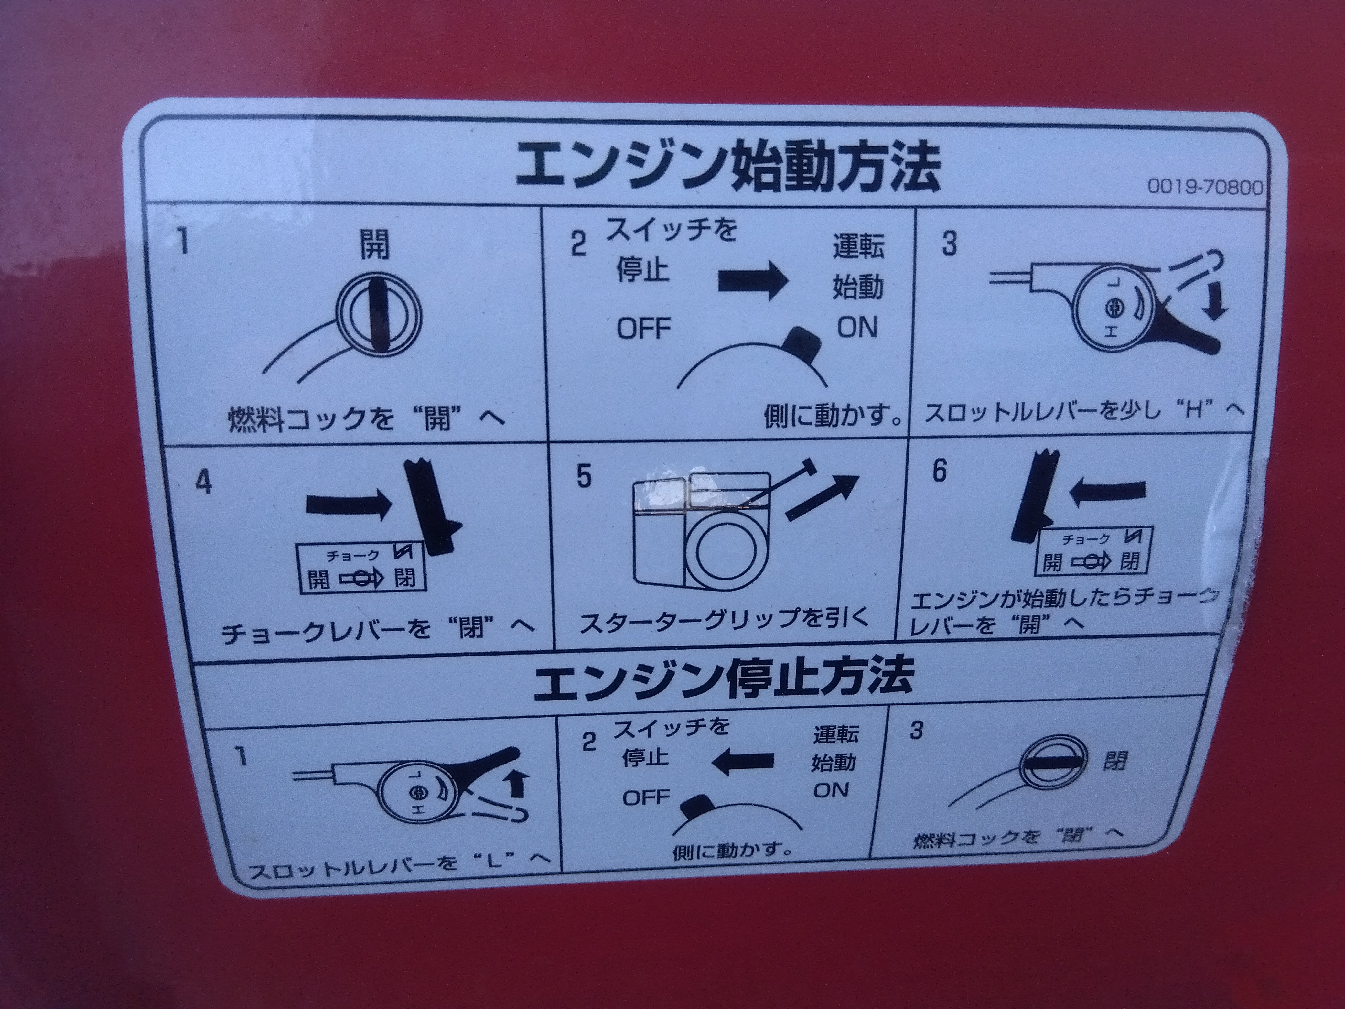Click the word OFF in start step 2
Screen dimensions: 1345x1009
tap(644, 329)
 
